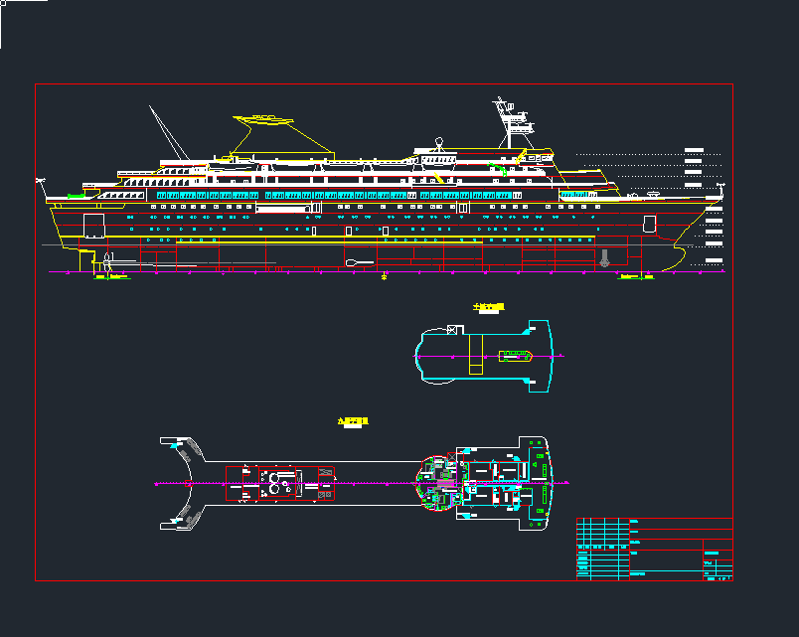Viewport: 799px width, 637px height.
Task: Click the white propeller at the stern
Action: point(106,263)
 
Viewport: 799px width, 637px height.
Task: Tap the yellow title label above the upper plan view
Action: point(490,306)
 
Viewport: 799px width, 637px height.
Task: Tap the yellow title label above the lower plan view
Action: point(353,422)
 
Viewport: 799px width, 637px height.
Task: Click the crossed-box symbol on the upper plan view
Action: point(452,330)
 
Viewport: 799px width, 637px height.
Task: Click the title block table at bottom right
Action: point(654,548)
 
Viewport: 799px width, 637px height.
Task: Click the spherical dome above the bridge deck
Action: point(438,141)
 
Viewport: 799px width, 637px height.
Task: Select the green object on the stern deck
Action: point(76,196)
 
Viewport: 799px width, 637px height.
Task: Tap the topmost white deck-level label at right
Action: point(695,150)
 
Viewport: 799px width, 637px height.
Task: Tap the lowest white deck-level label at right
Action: point(712,261)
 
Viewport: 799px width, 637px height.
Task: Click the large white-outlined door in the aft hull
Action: point(94,226)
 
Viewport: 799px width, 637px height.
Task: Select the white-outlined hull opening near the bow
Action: point(650,223)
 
